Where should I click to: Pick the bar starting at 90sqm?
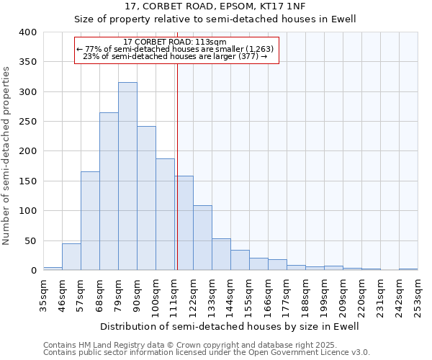(146, 198)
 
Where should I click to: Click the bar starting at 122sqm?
(202, 238)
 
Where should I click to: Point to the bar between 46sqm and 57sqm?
(71, 257)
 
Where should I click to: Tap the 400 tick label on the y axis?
(27, 32)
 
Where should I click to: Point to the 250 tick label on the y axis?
(27, 122)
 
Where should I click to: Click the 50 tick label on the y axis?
(30, 240)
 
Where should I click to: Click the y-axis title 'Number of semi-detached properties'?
(7, 155)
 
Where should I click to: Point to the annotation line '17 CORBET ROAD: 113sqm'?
(175, 42)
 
